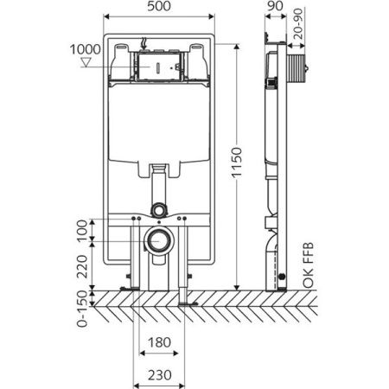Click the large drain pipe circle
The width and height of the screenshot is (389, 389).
click(x=158, y=242)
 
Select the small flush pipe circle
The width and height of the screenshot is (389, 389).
click(x=158, y=208)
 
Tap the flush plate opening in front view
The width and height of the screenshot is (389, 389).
click(x=158, y=66)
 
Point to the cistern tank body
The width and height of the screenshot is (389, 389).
click(x=158, y=130)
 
